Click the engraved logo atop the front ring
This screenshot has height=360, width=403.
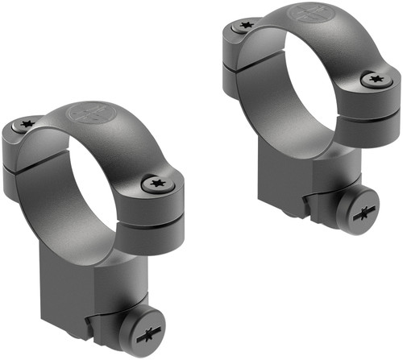(x=90, y=114)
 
